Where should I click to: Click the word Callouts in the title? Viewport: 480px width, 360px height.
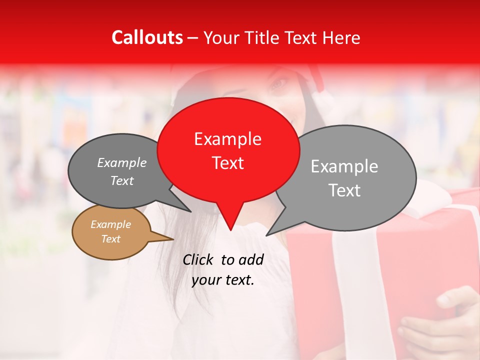147,37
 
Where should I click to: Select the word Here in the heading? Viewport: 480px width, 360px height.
341,38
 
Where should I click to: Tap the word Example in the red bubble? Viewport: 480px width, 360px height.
227,139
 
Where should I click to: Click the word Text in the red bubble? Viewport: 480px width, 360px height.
227,163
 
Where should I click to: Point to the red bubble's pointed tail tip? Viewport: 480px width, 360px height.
230,230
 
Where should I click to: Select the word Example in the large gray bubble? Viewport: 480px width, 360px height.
344,166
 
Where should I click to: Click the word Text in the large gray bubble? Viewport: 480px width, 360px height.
344,190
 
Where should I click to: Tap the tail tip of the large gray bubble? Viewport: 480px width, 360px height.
266,235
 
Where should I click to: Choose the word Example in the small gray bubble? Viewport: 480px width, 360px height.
122,163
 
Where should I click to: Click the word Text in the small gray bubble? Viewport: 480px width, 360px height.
122,181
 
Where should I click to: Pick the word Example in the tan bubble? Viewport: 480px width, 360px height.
111,225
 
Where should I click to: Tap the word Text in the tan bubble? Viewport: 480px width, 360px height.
111,239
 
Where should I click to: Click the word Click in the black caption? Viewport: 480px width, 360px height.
198,259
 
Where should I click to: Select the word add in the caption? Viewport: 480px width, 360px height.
251,259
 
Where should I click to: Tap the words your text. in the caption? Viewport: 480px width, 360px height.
223,280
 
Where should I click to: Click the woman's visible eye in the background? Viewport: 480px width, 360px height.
278,83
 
